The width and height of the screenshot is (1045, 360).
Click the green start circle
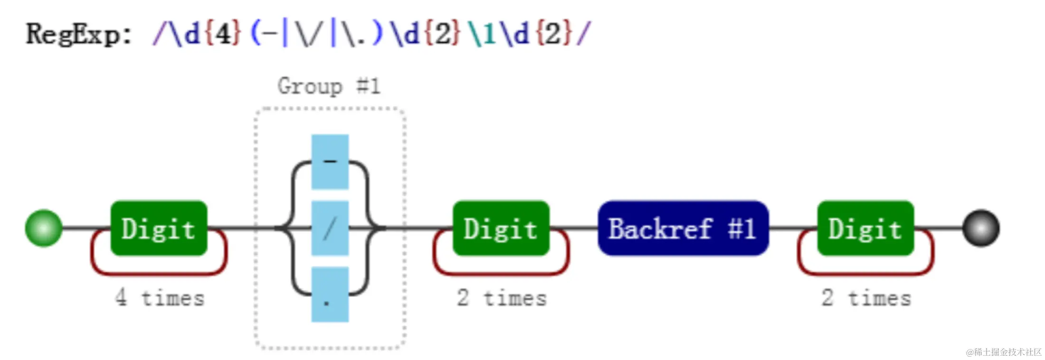tap(44, 228)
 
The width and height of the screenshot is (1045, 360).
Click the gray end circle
tap(981, 228)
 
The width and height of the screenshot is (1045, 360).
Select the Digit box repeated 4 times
tap(159, 228)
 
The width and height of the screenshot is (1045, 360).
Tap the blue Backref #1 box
tap(683, 228)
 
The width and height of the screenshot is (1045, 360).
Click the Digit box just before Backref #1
tap(501, 228)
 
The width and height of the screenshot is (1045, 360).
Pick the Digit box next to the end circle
tap(865, 228)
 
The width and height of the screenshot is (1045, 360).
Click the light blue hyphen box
tap(330, 162)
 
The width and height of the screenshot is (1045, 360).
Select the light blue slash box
tap(330, 228)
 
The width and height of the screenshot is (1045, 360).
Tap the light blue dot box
tap(330, 294)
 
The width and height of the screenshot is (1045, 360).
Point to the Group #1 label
tap(329, 86)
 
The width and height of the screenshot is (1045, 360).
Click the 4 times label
tap(160, 298)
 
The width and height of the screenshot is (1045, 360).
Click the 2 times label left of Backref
tap(502, 298)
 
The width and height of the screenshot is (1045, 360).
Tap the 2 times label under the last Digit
tap(866, 298)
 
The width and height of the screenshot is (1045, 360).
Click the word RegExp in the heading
tap(73, 34)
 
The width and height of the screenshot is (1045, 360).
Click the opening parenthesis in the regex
tap(256, 34)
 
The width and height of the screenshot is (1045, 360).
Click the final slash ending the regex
tap(583, 34)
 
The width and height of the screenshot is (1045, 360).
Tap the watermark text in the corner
tap(1003, 352)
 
